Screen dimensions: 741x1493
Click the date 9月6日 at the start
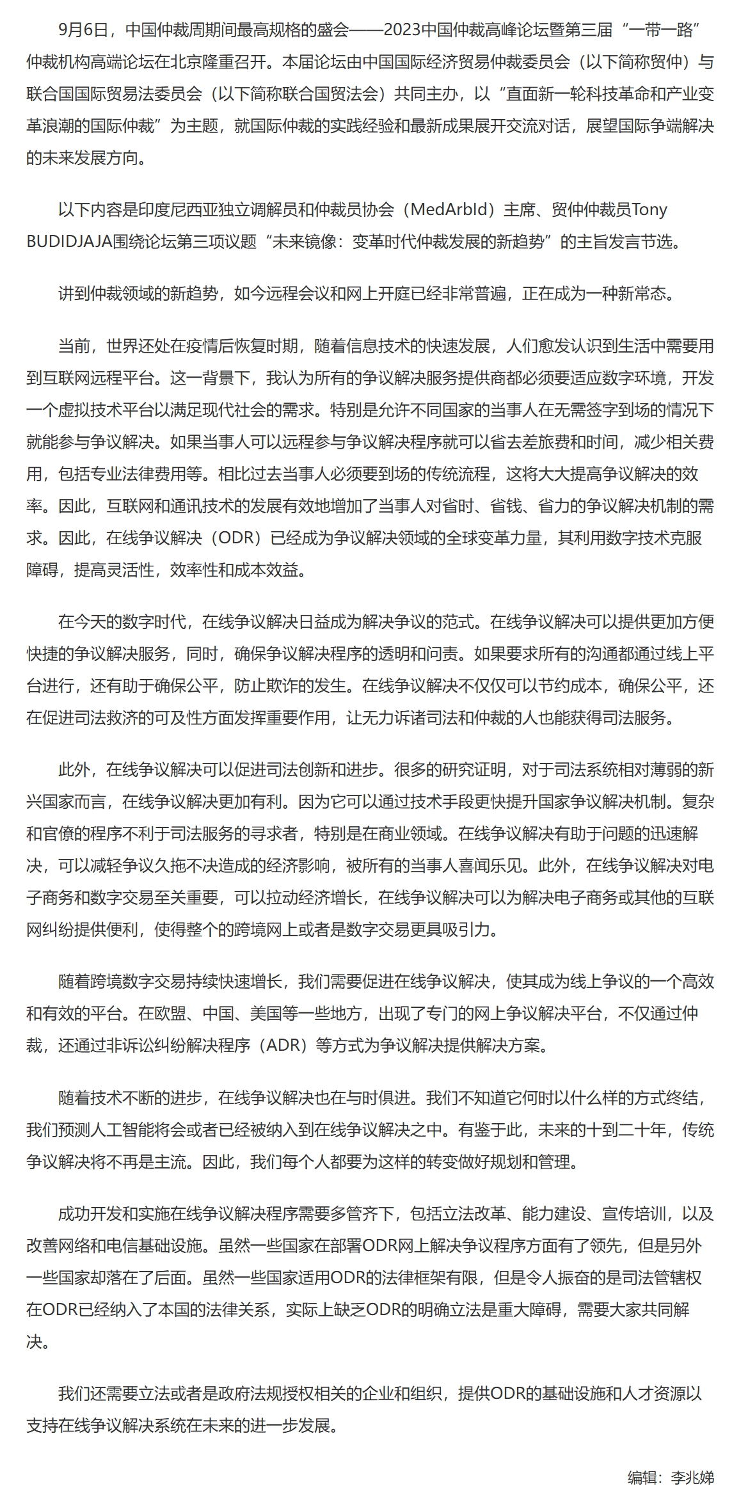pos(81,30)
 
